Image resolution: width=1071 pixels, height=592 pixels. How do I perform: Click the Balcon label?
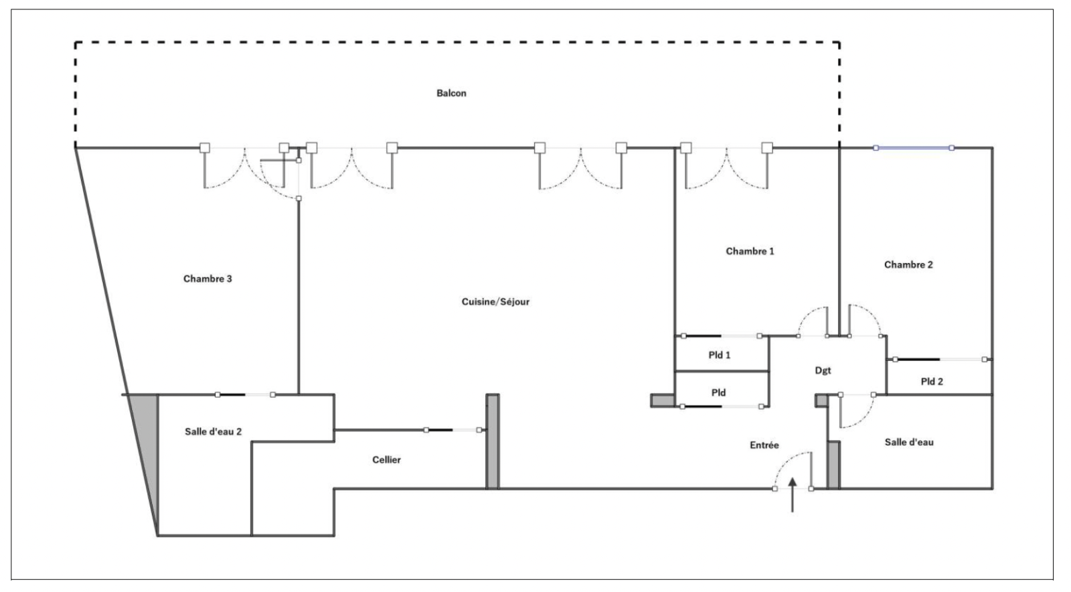(451, 93)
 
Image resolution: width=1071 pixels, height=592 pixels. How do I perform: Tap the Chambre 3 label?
(208, 279)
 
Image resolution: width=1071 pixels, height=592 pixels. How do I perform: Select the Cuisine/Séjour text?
(495, 302)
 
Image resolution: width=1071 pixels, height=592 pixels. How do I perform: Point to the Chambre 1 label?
(750, 251)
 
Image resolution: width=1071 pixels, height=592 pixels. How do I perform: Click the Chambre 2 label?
(908, 265)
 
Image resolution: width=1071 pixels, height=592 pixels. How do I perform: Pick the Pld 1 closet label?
(719, 356)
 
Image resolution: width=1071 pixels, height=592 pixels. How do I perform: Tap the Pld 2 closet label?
(932, 382)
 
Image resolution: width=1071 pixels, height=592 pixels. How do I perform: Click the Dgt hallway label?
(823, 370)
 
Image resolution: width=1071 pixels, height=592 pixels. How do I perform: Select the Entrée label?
(764, 445)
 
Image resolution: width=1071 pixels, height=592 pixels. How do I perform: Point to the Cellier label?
(386, 460)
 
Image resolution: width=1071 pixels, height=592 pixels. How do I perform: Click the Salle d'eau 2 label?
(214, 432)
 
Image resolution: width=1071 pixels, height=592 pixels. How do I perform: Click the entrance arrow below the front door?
(793, 495)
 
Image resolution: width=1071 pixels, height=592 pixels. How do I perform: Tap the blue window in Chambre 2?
(914, 148)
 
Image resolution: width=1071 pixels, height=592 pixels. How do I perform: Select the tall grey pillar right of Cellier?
(493, 441)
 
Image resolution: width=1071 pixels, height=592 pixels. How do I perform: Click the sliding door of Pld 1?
(722, 336)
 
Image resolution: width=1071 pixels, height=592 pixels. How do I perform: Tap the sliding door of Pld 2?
(940, 359)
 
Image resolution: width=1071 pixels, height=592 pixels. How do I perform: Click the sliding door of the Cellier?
(452, 430)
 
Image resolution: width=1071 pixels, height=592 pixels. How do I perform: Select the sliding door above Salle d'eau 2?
(245, 394)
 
